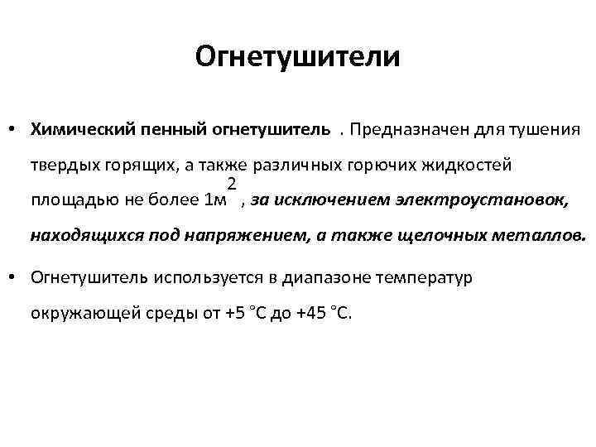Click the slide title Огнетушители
298,57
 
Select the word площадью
67,200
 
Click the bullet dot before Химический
16,130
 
